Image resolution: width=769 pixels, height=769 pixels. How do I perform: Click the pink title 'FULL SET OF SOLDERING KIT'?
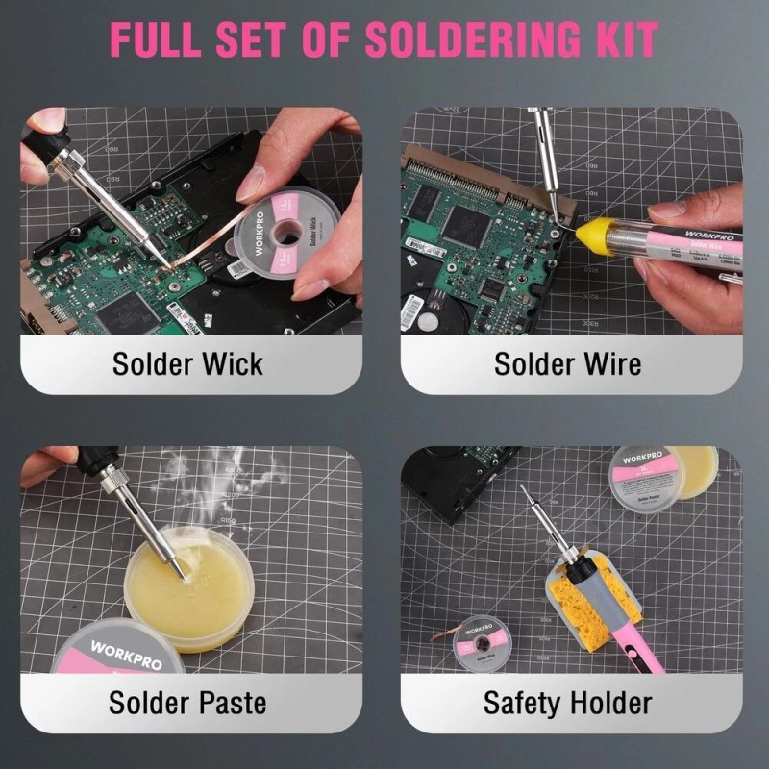(x=384, y=39)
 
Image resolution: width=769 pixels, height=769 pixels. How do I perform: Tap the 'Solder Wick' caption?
(x=187, y=364)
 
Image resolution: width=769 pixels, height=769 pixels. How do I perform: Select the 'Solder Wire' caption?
(x=567, y=364)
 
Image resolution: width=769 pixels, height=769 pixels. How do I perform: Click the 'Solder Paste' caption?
(x=187, y=702)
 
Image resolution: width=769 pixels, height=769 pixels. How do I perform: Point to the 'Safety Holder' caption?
(x=567, y=702)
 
